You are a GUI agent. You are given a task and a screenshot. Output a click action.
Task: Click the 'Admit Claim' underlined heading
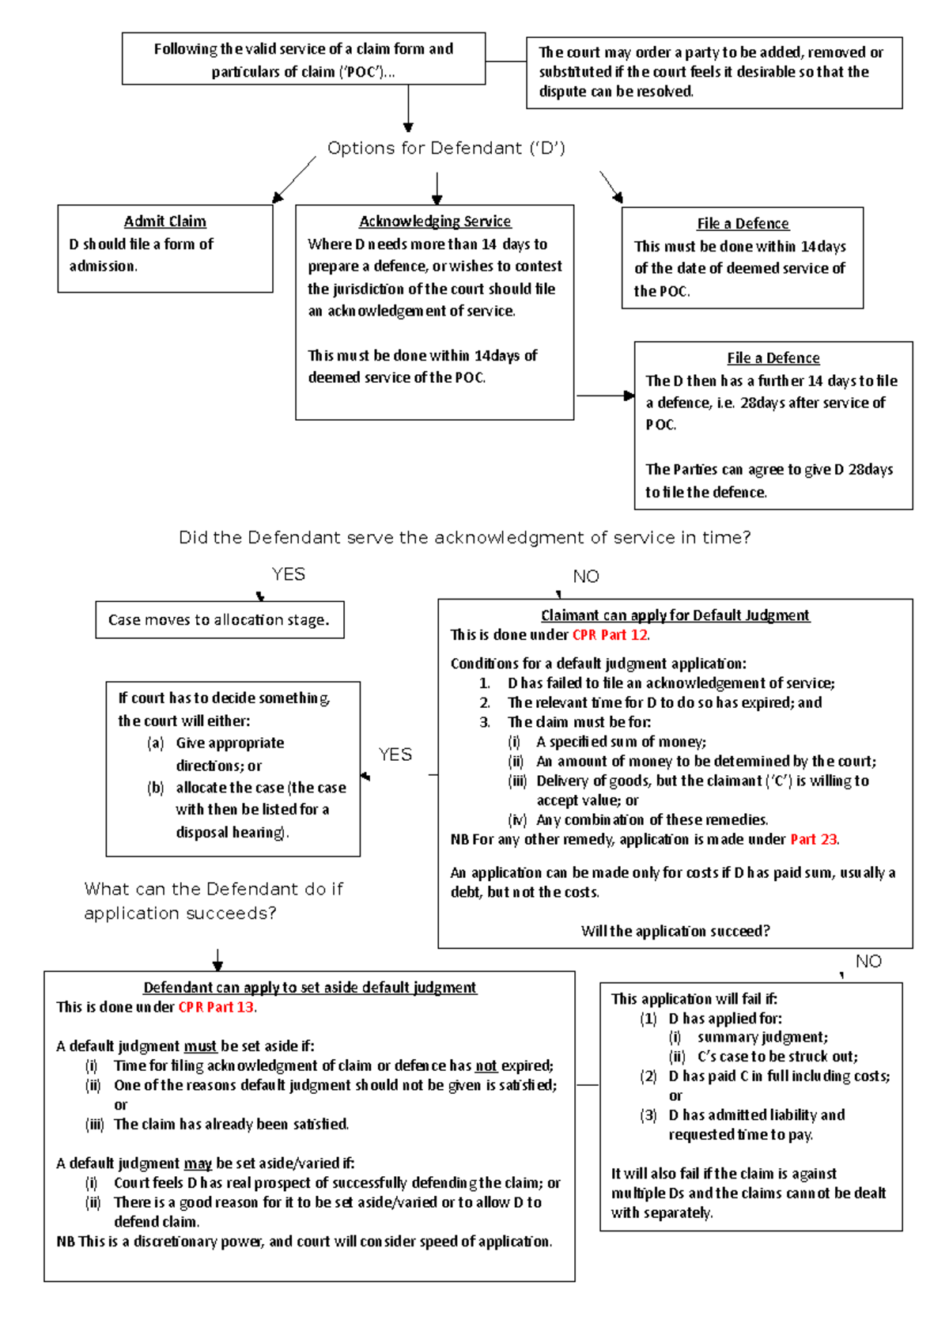(164, 221)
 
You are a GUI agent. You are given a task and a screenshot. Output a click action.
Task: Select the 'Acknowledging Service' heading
(435, 221)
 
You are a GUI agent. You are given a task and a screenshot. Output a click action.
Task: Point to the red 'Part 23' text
(813, 840)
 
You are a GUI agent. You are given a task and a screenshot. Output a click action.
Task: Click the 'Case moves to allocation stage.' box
(219, 620)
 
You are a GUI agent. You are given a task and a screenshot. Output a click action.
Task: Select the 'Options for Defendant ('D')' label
(446, 148)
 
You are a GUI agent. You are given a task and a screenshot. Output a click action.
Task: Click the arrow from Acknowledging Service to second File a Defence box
(605, 395)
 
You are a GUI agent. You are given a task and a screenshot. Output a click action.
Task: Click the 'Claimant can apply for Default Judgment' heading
(675, 615)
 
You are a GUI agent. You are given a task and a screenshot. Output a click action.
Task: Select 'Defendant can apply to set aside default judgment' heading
(309, 988)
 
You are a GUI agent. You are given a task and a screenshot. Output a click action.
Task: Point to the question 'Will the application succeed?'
(675, 932)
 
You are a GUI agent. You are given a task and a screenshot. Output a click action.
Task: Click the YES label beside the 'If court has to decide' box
(395, 755)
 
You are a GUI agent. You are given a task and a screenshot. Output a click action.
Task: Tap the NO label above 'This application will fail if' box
(868, 962)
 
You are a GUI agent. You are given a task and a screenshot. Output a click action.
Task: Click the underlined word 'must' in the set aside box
(200, 1046)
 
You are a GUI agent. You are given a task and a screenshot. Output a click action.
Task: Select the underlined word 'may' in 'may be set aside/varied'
(198, 1163)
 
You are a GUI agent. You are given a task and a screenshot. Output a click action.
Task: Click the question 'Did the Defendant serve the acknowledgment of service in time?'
(464, 538)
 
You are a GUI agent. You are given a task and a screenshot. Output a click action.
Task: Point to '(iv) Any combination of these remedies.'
(651, 820)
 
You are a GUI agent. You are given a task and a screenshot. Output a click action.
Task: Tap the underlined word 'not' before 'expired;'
(486, 1066)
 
